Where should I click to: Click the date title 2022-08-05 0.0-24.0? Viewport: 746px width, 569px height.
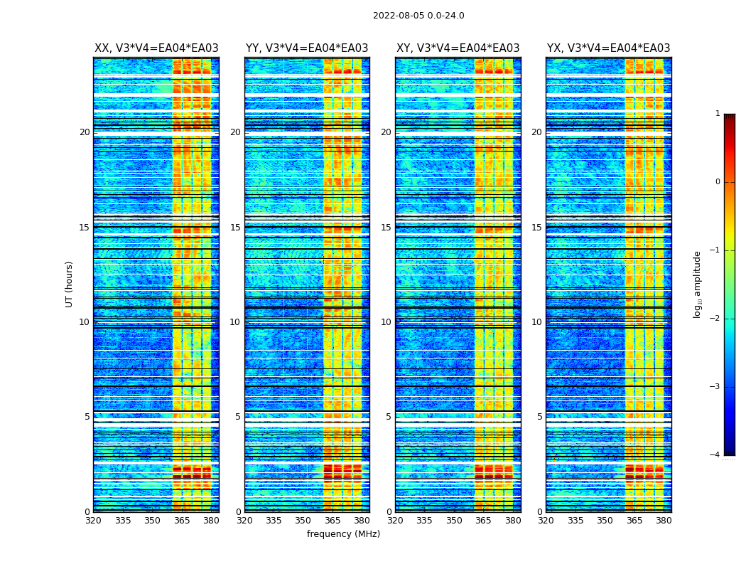tap(418, 16)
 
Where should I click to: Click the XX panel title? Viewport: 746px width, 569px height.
tap(156, 48)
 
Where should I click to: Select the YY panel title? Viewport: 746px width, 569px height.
tap(307, 48)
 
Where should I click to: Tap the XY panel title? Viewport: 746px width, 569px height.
tap(458, 48)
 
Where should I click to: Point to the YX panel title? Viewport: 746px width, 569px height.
tap(608, 48)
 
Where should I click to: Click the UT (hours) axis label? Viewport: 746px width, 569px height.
tap(70, 284)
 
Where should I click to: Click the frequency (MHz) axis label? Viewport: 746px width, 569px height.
tap(343, 534)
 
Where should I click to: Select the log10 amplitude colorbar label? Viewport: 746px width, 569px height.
tap(698, 284)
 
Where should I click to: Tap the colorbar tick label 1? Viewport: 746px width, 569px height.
tap(718, 114)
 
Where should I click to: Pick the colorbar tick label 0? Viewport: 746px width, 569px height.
tap(718, 182)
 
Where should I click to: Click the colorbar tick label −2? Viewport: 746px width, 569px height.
tap(715, 319)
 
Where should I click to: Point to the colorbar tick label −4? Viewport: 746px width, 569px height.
tap(715, 455)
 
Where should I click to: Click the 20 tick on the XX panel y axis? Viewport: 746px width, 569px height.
tap(85, 132)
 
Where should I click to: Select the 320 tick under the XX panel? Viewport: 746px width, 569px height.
tap(93, 521)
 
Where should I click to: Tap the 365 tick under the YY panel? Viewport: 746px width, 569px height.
tap(333, 521)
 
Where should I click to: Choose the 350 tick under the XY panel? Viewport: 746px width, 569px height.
tap(454, 521)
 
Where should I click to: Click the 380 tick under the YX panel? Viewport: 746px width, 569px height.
tap(664, 521)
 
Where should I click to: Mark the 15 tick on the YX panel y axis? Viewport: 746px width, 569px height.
tap(537, 228)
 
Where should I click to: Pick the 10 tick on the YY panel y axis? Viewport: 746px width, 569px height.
tap(235, 322)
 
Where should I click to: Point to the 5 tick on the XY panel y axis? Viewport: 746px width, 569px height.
tap(389, 417)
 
